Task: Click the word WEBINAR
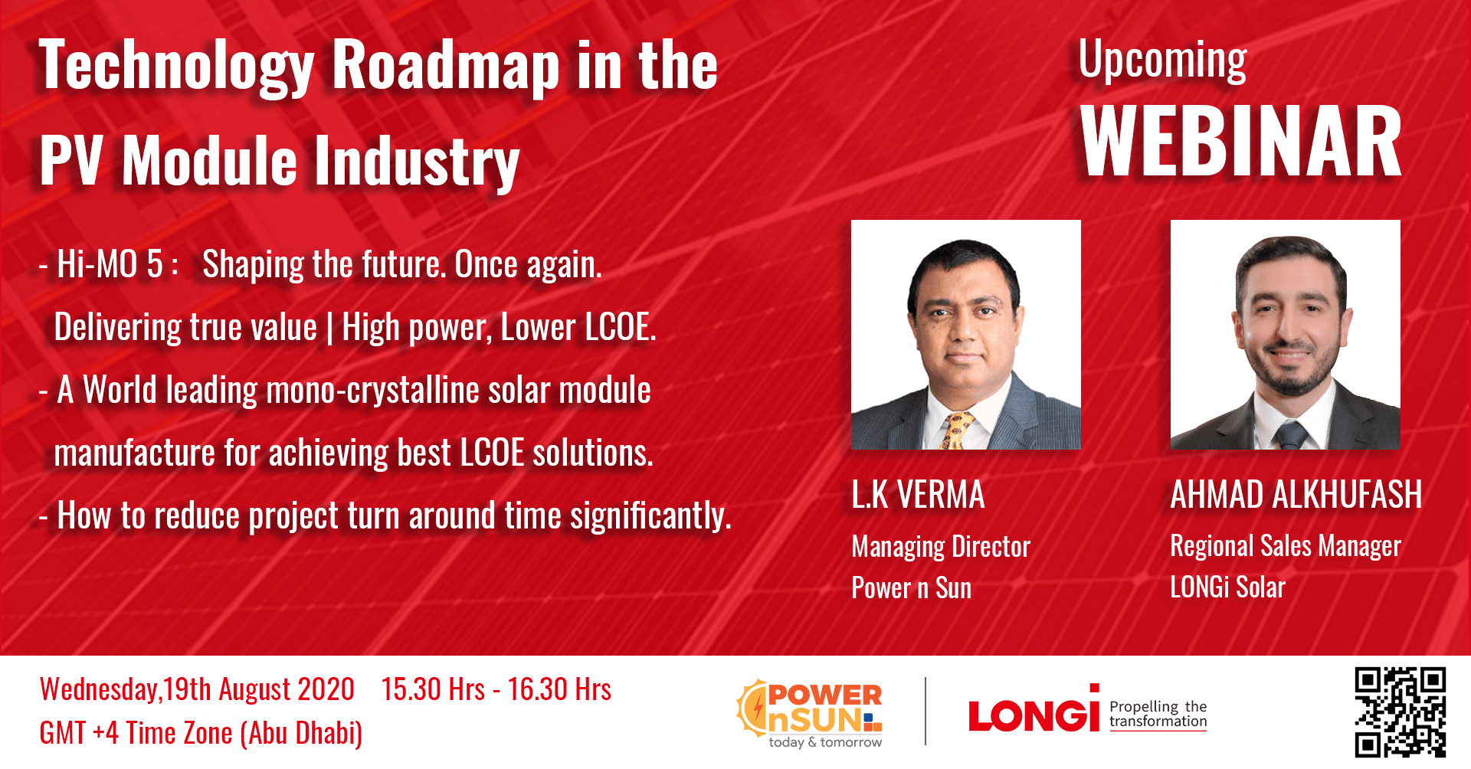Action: [x=1240, y=142]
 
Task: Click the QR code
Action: [x=1400, y=712]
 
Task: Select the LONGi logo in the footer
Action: [x=1034, y=714]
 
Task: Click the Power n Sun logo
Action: [x=811, y=713]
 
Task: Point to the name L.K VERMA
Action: [x=918, y=495]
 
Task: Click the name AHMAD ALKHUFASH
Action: [x=1296, y=495]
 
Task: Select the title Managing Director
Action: [x=941, y=547]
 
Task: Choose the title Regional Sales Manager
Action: [x=1286, y=546]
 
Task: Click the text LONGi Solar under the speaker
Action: [x=1227, y=587]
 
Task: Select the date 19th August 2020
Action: [x=259, y=689]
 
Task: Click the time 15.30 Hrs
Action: [x=433, y=689]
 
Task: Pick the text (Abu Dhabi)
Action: [x=301, y=734]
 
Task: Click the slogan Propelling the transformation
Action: [x=1158, y=714]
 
